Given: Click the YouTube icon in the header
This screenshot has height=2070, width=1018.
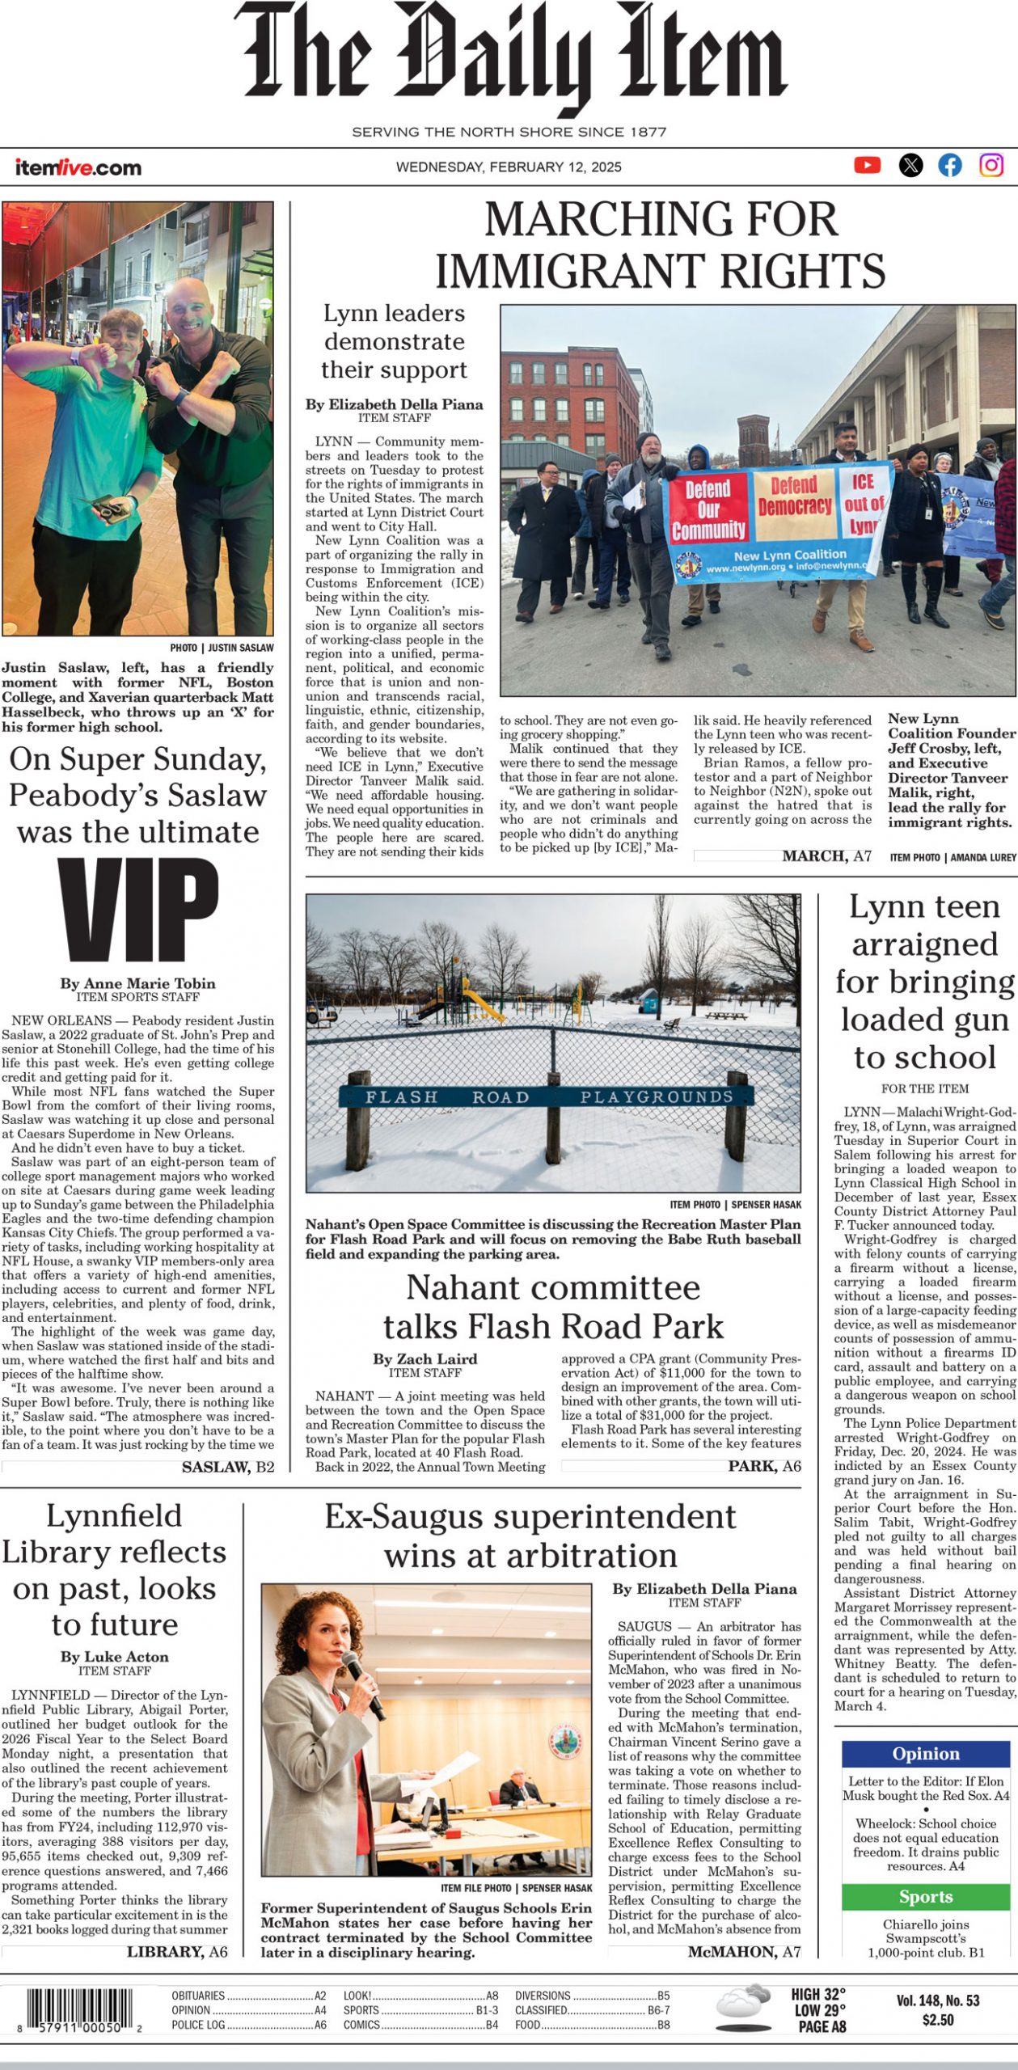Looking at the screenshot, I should pyautogui.click(x=867, y=166).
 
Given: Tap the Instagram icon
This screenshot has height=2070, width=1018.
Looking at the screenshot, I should pyautogui.click(x=991, y=166).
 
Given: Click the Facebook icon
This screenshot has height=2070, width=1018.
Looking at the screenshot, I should pyautogui.click(x=950, y=166).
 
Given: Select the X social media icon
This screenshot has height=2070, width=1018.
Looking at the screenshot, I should pyautogui.click(x=910, y=166).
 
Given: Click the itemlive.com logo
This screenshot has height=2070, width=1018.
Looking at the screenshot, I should pyautogui.click(x=78, y=168).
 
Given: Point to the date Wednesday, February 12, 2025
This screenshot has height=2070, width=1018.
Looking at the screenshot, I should pyautogui.click(x=509, y=167).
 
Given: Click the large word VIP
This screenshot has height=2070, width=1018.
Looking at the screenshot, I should pyautogui.click(x=138, y=910).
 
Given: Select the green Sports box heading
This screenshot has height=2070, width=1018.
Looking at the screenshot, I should pyautogui.click(x=926, y=1897).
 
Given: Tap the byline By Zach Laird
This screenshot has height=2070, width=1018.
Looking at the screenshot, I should pyautogui.click(x=425, y=1359).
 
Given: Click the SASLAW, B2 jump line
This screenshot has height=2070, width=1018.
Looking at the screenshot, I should pyautogui.click(x=228, y=1467).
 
